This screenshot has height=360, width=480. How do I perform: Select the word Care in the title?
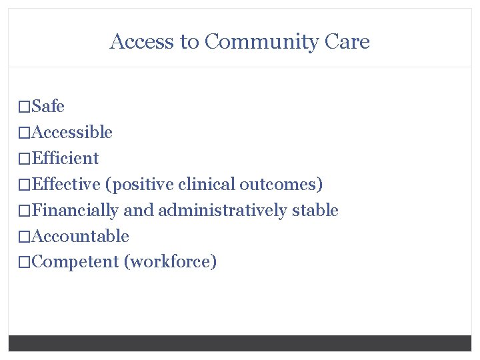click(347, 42)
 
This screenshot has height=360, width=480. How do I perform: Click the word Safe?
click(48, 106)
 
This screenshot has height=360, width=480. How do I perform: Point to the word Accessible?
click(72, 132)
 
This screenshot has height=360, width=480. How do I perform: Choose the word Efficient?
click(65, 158)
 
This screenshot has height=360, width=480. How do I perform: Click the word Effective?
click(66, 184)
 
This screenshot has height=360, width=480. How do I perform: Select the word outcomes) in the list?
click(281, 184)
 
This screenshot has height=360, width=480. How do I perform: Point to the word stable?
click(317, 211)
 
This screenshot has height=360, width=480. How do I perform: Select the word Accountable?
click(80, 236)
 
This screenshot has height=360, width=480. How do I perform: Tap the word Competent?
click(75, 262)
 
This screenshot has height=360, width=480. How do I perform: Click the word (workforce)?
click(171, 262)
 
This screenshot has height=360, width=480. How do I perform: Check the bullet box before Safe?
click(25, 107)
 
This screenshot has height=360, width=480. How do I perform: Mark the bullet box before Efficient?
click(25, 159)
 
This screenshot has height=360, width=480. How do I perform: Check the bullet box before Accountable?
click(25, 237)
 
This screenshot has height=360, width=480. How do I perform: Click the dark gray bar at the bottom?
click(240, 343)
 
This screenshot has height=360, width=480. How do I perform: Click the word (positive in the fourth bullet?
click(137, 184)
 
